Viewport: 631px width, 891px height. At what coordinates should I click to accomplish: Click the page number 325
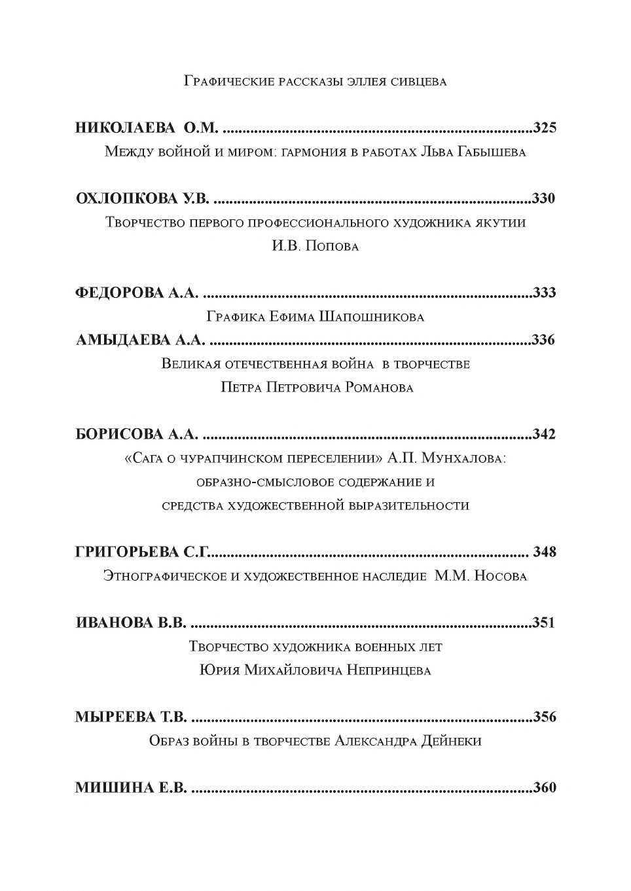point(545,128)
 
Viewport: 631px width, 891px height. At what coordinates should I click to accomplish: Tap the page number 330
point(544,198)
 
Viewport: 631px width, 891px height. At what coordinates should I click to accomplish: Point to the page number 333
point(545,293)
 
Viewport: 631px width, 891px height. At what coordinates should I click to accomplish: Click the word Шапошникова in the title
point(371,317)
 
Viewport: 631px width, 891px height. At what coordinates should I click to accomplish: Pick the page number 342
point(545,434)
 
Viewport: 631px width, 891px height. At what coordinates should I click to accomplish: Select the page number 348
point(545,552)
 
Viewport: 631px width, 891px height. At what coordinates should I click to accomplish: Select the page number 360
point(545,788)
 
